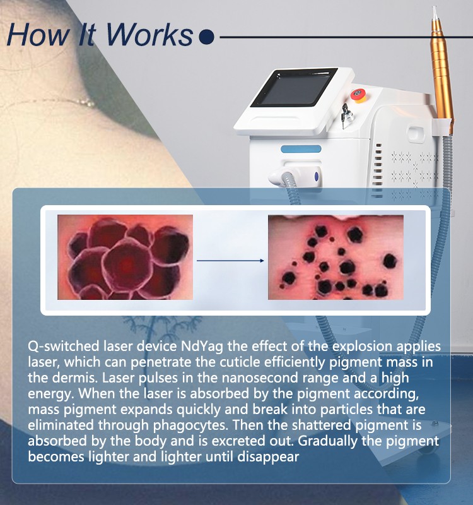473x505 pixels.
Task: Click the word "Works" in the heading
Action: click(149, 35)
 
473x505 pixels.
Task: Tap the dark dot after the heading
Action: click(206, 37)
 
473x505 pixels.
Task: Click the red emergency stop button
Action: click(358, 95)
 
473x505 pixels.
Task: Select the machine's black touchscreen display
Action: click(294, 87)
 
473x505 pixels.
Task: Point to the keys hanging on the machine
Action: click(346, 116)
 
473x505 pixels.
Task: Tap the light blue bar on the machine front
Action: click(301, 149)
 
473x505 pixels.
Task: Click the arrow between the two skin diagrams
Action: click(230, 261)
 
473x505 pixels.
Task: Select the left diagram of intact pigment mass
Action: click(125, 257)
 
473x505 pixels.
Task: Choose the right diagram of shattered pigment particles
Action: click(336, 257)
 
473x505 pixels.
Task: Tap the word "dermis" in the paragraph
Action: click(74, 377)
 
